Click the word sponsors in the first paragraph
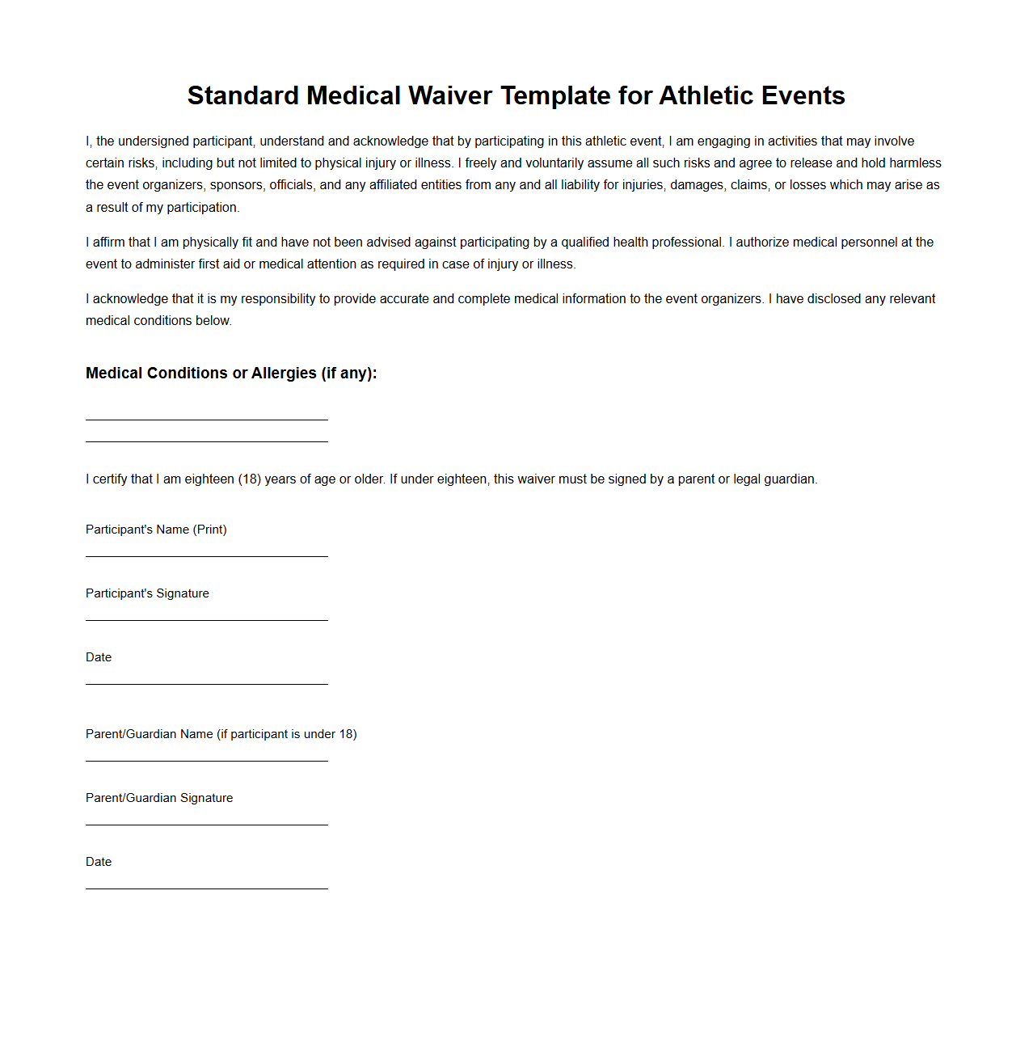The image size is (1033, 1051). point(236,185)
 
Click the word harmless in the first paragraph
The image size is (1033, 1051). point(915,163)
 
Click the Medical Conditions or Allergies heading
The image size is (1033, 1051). point(231,374)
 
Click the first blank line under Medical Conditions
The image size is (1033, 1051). point(207,419)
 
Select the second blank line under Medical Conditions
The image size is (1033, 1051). point(207,441)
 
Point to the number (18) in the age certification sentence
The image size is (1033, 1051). point(250,479)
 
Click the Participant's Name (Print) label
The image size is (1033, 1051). point(156,530)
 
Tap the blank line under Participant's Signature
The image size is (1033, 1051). point(207,619)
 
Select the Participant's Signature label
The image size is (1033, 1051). point(147,593)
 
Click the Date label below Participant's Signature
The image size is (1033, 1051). point(99,657)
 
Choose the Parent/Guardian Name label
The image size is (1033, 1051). point(221,734)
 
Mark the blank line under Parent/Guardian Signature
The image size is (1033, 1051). point(207,824)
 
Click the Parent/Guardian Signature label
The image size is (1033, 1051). point(159,798)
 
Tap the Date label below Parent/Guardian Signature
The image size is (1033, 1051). point(99,862)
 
